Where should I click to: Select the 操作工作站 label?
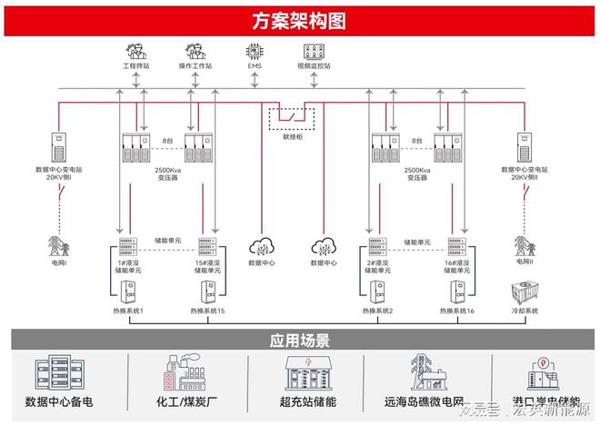click(x=195, y=66)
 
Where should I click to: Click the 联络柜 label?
click(x=291, y=137)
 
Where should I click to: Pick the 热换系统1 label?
click(x=127, y=311)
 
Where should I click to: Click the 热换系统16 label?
click(x=456, y=311)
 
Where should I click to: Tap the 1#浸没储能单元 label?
click(x=128, y=265)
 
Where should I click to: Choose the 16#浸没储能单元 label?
click(x=456, y=265)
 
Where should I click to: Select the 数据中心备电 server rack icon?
click(x=54, y=374)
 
